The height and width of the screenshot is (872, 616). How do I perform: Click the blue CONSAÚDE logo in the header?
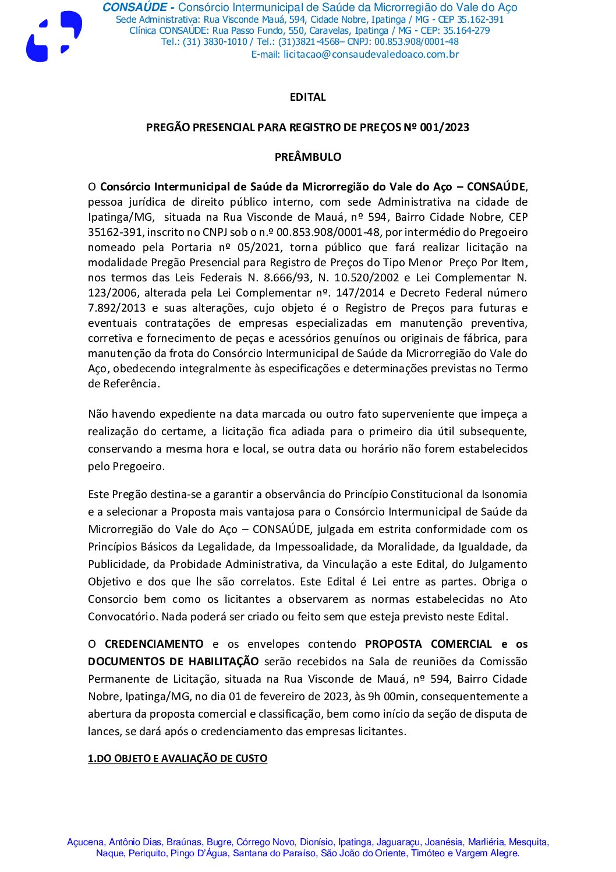[54, 36]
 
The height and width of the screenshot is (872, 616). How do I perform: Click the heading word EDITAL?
[307, 97]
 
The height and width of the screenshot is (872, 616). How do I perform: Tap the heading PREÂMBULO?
[307, 157]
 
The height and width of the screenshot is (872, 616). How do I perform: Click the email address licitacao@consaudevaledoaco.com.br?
[371, 55]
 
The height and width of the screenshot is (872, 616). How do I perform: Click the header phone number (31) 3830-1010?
[215, 42]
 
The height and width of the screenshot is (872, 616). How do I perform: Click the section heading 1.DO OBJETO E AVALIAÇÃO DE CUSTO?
[178, 758]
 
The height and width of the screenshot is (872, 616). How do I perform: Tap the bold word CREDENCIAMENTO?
[154, 644]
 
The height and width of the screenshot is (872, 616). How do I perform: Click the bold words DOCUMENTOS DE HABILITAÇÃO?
[174, 662]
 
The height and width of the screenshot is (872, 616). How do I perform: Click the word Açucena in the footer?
[86, 842]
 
